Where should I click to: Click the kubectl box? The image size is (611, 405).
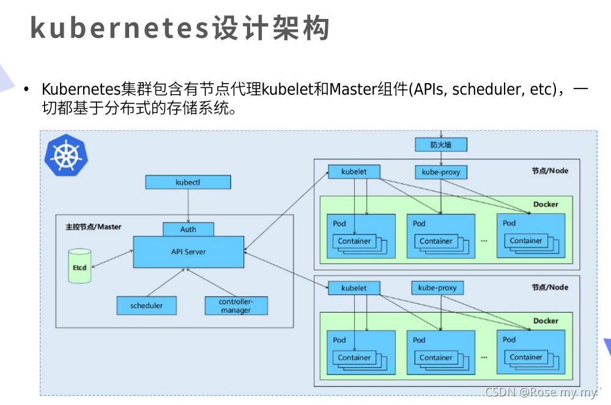click(188, 182)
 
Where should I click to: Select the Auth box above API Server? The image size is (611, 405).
click(188, 229)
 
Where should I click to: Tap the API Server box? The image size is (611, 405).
click(188, 252)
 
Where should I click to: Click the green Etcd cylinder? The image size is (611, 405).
click(80, 266)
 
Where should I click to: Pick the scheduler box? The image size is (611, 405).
click(146, 305)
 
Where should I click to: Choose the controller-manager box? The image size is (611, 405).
click(235, 305)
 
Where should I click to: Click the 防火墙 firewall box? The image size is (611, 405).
click(440, 145)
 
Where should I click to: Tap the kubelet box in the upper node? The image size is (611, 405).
click(354, 172)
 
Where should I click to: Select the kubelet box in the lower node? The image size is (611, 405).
click(354, 288)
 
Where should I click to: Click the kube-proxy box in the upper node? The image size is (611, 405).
click(440, 172)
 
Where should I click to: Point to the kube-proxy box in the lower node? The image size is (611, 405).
click(437, 288)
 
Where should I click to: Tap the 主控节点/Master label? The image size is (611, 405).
click(93, 227)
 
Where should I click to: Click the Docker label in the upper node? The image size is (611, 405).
click(546, 204)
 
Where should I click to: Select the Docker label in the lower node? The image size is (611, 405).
click(546, 321)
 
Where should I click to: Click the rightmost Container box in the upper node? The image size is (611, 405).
click(526, 241)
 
